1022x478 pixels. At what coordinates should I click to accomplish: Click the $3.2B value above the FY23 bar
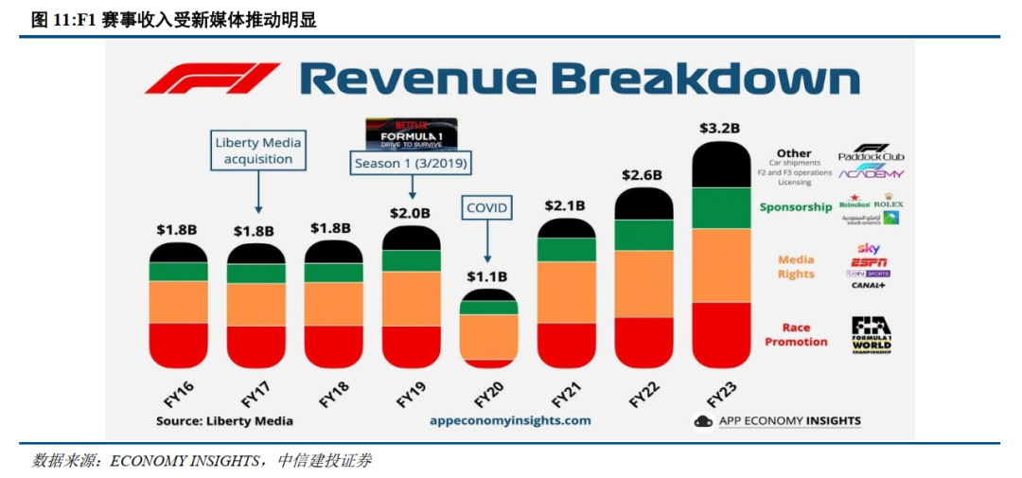[x=719, y=127]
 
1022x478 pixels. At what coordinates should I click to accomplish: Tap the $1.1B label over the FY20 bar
[x=487, y=276]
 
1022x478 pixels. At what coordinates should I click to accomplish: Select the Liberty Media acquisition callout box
[x=258, y=151]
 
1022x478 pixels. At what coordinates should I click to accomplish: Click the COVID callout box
[x=487, y=208]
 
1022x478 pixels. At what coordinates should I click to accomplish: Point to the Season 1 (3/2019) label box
[x=411, y=163]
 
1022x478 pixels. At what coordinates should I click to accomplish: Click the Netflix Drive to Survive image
[x=411, y=133]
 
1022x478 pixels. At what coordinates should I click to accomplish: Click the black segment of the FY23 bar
[x=721, y=167]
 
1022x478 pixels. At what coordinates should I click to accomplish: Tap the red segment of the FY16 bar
[x=178, y=345]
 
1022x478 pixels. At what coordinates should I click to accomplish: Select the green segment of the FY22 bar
[x=643, y=235]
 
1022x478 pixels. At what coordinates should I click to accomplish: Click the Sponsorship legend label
[x=796, y=207]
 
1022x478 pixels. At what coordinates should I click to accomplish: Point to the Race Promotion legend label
[x=796, y=335]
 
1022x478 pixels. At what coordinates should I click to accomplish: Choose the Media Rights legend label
[x=796, y=267]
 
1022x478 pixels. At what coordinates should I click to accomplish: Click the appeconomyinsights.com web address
[x=509, y=420]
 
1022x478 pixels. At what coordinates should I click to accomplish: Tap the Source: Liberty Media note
[x=224, y=420]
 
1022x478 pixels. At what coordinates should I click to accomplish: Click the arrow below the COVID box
[x=487, y=241]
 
